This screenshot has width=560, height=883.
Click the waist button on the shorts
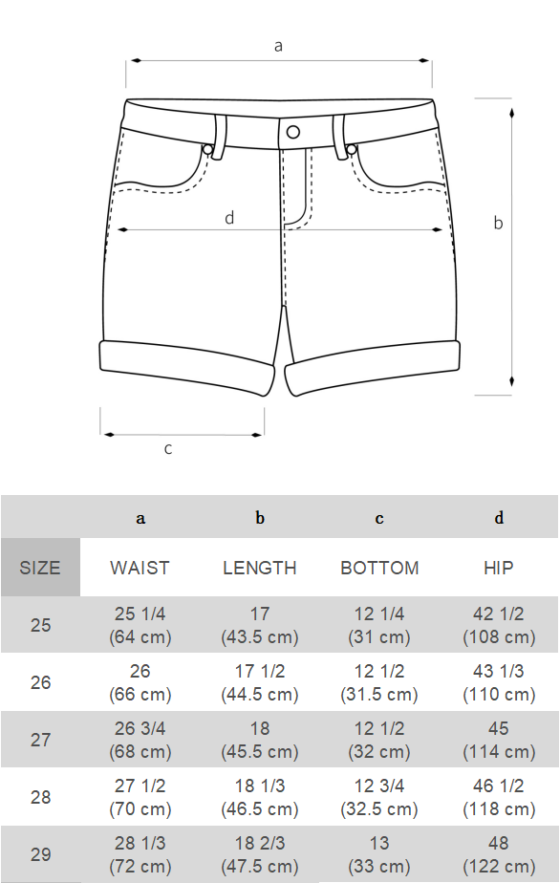(x=293, y=132)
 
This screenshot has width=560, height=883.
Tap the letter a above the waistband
(x=279, y=45)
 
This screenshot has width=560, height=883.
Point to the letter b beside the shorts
(x=498, y=224)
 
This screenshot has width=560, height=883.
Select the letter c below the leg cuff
(x=168, y=448)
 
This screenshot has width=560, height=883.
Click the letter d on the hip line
(x=229, y=218)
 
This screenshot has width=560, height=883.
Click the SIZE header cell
(x=40, y=568)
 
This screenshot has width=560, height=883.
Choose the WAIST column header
(x=140, y=568)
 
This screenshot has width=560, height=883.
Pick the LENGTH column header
(x=260, y=568)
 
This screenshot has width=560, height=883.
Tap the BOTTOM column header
(x=379, y=568)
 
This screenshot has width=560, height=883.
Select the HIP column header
(x=498, y=568)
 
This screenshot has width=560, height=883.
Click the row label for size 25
(x=40, y=626)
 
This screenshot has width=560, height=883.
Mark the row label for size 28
(x=40, y=797)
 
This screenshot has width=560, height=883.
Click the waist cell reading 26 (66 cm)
(x=140, y=682)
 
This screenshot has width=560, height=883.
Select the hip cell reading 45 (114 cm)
(x=498, y=740)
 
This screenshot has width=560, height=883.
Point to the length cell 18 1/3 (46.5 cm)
(x=260, y=797)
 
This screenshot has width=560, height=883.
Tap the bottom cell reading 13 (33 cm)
(x=379, y=854)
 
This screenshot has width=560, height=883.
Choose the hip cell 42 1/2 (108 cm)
(x=498, y=626)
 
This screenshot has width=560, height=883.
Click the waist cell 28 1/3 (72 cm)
(x=140, y=854)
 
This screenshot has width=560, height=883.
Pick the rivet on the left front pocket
(x=207, y=150)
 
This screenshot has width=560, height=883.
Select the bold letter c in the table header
(x=379, y=518)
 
